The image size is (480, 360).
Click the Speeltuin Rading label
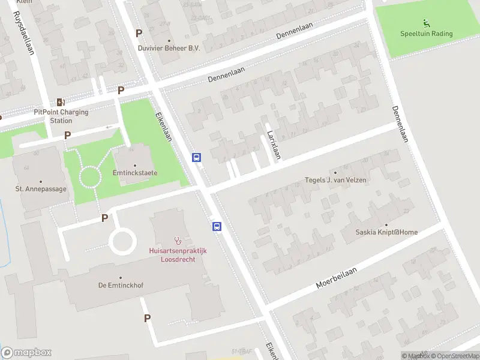427,34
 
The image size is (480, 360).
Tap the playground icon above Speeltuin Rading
427,23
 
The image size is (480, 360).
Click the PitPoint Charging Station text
61,116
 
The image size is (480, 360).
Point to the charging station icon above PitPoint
60,102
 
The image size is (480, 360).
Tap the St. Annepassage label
41,189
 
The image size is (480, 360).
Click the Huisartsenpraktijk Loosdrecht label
178,255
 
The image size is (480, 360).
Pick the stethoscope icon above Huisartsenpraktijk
178,240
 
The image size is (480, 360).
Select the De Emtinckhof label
121,286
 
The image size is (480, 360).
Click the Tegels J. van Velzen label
335,179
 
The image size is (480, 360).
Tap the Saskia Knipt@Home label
388,232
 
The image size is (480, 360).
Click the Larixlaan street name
274,144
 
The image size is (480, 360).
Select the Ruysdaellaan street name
22,33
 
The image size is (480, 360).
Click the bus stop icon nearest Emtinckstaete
196,157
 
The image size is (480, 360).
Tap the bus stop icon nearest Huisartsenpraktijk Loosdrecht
217,226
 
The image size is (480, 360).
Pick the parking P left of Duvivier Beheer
139,34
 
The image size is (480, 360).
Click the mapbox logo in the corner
26,353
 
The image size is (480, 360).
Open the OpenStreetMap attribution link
454,356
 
